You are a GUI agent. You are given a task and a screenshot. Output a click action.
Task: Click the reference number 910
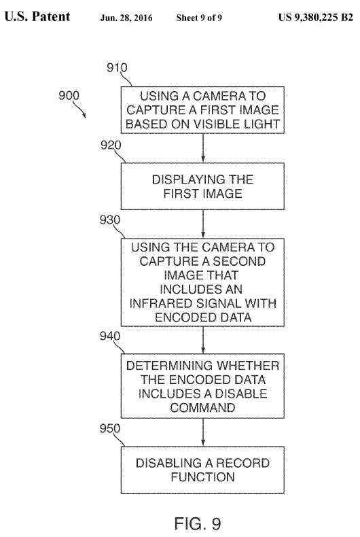point(117,67)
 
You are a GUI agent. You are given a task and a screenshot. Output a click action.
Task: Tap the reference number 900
point(69,95)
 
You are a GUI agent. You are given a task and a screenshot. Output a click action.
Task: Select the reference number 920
point(111,145)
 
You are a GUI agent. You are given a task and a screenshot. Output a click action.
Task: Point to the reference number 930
point(110,220)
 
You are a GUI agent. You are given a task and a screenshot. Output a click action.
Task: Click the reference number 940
point(110,336)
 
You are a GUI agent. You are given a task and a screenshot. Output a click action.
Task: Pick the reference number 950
point(110,428)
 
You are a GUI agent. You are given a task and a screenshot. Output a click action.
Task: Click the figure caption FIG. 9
point(198,523)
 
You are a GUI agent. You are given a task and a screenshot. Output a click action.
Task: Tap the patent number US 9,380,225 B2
point(316,17)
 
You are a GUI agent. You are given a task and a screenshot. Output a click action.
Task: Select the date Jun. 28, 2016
point(126,18)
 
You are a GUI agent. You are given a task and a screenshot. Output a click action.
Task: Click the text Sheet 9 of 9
point(199,18)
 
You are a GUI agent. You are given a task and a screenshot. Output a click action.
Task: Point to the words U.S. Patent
point(37,16)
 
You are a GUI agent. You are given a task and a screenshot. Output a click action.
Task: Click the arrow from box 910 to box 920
point(203,148)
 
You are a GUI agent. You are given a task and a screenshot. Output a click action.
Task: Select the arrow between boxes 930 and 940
point(203,340)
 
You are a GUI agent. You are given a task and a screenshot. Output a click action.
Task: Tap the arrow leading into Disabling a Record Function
point(203,432)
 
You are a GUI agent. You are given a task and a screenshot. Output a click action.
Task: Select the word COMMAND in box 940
point(202,408)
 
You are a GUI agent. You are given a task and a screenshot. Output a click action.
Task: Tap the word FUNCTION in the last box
point(203,477)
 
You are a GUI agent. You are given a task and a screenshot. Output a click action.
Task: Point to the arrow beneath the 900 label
point(79,109)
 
